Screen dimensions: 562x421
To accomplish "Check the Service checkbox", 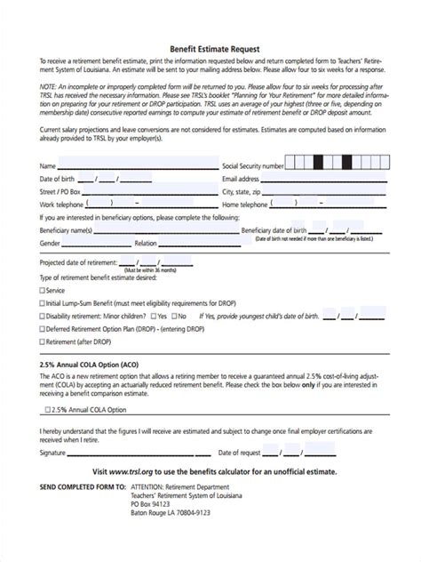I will (43, 291).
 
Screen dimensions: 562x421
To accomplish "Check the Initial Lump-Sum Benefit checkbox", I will (43, 303).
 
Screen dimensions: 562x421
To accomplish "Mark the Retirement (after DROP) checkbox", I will (43, 341).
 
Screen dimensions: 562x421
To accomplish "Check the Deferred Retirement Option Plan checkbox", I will (43, 328).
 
